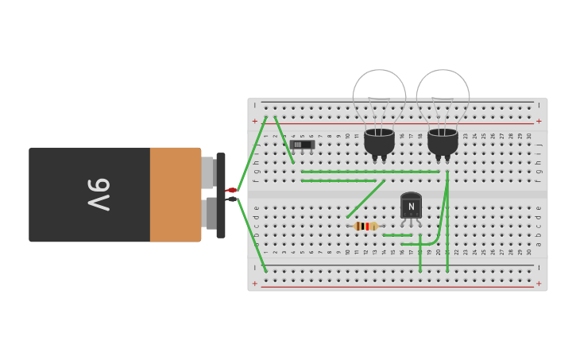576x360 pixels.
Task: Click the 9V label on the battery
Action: (x=98, y=194)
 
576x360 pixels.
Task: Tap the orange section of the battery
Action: (x=175, y=194)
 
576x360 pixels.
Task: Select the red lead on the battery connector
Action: (x=231, y=190)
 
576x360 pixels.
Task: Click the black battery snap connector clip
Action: (x=220, y=195)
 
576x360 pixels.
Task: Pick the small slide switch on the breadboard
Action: (x=302, y=145)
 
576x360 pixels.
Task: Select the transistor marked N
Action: (x=411, y=206)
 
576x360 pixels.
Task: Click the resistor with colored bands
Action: (x=365, y=226)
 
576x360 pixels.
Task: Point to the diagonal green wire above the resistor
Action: (x=365, y=199)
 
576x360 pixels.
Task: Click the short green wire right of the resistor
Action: (x=397, y=235)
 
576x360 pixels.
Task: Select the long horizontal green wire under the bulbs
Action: (x=369, y=172)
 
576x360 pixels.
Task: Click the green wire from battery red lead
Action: (x=253, y=151)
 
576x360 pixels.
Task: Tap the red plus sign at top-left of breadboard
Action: (x=254, y=122)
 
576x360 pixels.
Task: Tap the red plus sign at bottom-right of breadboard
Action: (x=539, y=284)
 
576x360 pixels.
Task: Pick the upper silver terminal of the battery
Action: (x=207, y=172)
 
